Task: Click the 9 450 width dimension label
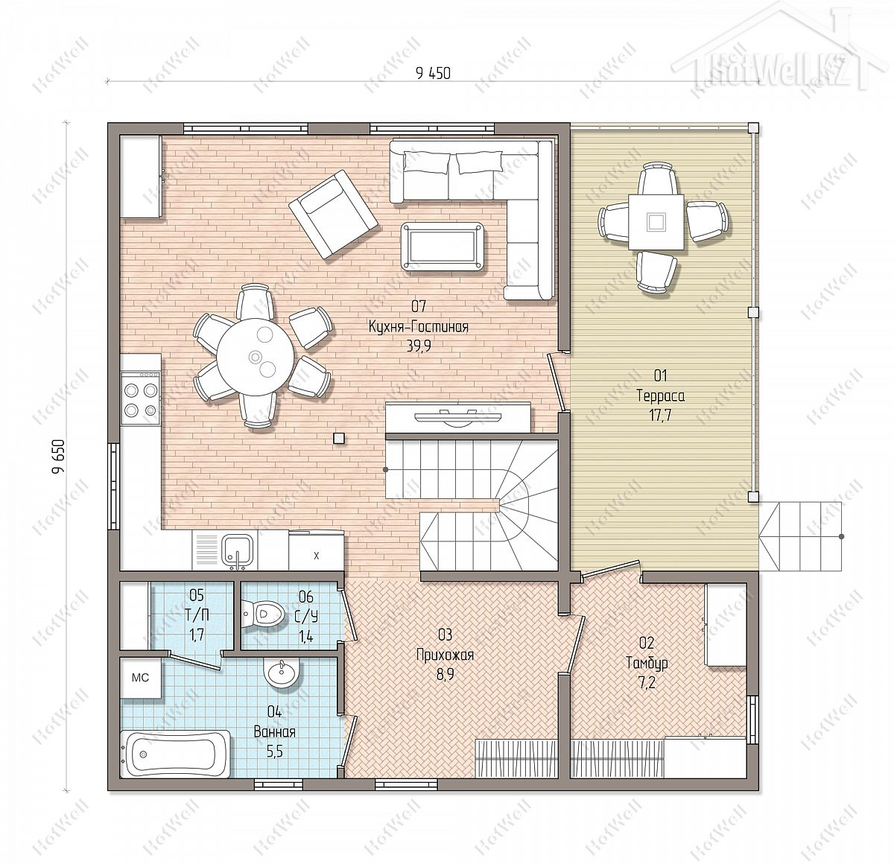[x=433, y=73]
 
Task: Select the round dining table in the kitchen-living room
[x=255, y=356]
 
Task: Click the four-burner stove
[x=141, y=398]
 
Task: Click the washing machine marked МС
[x=140, y=677]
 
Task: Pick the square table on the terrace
[x=656, y=222]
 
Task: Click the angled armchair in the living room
[x=333, y=214]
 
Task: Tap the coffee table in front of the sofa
[x=442, y=247]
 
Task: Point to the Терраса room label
[x=660, y=396]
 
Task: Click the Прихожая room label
[x=444, y=655]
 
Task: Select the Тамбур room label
[x=647, y=663]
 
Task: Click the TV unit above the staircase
[x=458, y=417]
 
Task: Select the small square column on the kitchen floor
[x=338, y=438]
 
